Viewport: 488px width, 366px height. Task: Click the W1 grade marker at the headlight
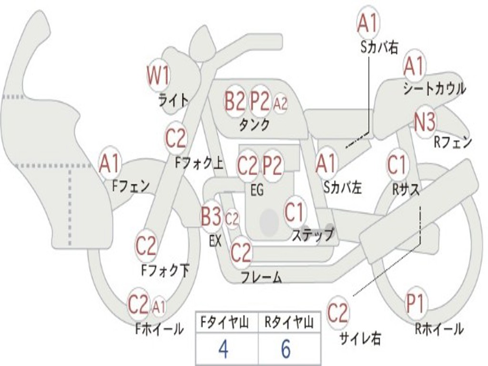(158, 75)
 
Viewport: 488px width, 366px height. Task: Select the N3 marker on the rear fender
(425, 122)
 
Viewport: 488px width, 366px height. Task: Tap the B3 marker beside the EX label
(211, 216)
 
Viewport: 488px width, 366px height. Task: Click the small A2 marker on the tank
(280, 103)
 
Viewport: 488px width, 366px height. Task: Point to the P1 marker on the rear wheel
(416, 304)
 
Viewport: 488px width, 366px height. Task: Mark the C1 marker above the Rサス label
(397, 164)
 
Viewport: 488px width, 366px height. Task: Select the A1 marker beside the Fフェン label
(110, 164)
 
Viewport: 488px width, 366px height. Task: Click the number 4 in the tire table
(224, 348)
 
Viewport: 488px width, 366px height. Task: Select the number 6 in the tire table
(286, 348)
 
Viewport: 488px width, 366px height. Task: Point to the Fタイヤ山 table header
(224, 323)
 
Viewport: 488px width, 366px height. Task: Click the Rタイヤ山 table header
(289, 323)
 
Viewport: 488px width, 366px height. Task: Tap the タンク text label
(254, 124)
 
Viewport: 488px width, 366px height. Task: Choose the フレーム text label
(262, 277)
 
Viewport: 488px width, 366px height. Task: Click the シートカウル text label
(435, 88)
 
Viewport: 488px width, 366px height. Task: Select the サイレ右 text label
(360, 338)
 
